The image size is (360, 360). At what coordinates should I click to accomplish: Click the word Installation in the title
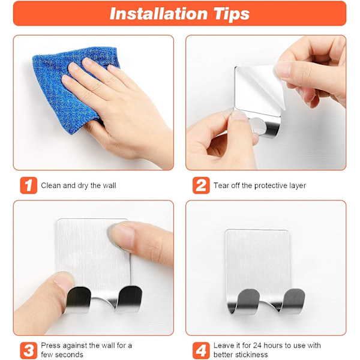(x=158, y=14)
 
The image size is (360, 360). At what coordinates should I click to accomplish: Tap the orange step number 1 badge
(x=28, y=185)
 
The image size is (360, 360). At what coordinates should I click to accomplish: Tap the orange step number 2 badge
(x=201, y=185)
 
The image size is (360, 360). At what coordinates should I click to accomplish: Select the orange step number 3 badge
(x=28, y=350)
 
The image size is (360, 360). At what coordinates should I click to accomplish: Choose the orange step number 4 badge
(x=201, y=350)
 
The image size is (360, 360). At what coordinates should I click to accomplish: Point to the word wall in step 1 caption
(x=109, y=185)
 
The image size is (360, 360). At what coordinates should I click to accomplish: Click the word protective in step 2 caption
(x=271, y=185)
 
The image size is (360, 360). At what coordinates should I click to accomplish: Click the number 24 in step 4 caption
(x=257, y=346)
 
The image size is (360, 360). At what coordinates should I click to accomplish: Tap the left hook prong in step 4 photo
(x=245, y=301)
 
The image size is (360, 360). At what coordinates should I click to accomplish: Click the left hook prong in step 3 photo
(x=78, y=300)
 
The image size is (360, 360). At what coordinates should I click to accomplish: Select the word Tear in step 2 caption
(x=221, y=185)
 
